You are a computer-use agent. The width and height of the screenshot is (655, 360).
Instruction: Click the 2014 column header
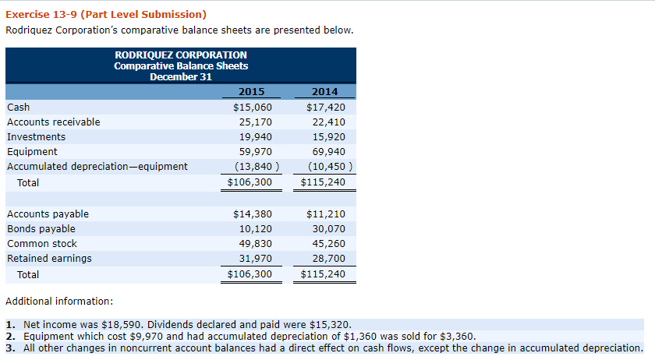(x=324, y=92)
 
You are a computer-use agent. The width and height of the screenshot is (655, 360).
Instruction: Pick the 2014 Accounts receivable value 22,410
(x=327, y=122)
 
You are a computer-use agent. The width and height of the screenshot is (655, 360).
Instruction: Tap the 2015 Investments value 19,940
(x=255, y=136)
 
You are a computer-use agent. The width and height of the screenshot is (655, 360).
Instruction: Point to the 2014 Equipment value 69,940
(x=327, y=151)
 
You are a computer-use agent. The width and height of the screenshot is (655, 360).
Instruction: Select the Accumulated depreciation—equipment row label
(x=97, y=166)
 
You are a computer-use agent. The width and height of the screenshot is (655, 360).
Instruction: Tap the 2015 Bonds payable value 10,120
(x=255, y=229)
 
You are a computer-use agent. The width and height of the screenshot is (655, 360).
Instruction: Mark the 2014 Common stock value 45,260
(x=327, y=244)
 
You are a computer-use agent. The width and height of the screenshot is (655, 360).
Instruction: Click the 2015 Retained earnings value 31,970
(x=255, y=259)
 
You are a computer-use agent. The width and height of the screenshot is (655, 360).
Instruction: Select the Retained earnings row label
(x=49, y=259)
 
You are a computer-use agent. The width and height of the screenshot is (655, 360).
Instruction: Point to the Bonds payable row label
(x=41, y=229)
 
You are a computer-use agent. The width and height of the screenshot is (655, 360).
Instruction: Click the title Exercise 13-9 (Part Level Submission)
(x=106, y=14)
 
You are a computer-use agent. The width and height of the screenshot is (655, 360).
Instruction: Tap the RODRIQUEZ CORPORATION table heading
(x=181, y=55)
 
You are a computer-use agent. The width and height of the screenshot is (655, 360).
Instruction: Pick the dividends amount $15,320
(x=333, y=323)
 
